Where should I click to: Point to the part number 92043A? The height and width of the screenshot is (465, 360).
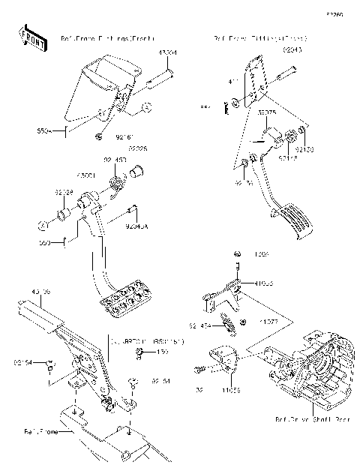(136, 223)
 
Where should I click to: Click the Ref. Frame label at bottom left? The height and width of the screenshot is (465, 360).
(41, 430)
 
